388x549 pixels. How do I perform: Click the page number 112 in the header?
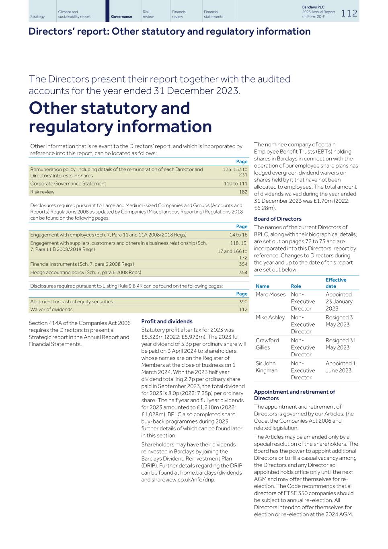pyautogui.click(x=349, y=13)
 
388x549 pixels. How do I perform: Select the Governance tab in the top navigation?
pyautogui.click(x=121, y=16)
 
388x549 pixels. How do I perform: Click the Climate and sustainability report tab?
pyautogui.click(x=74, y=14)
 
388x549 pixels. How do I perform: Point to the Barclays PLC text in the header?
pyautogui.click(x=313, y=7)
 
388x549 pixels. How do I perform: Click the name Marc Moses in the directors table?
pyautogui.click(x=271, y=294)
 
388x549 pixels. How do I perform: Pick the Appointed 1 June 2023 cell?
pyautogui.click(x=341, y=367)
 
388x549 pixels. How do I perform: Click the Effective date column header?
pyautogui.click(x=336, y=283)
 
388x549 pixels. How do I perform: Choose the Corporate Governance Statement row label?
pyautogui.click(x=68, y=183)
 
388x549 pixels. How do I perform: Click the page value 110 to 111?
pyautogui.click(x=236, y=183)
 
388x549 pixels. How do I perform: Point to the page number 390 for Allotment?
pyautogui.click(x=243, y=302)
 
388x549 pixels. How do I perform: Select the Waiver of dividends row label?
pyautogui.click(x=51, y=309)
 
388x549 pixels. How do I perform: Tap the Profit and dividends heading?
pyautogui.click(x=167, y=321)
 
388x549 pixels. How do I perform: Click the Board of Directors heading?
pyautogui.click(x=277, y=219)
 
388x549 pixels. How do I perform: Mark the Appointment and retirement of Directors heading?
pyautogui.click(x=294, y=395)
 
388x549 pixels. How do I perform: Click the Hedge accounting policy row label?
pyautogui.click(x=86, y=272)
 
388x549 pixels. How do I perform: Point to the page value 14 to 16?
pyautogui.click(x=238, y=235)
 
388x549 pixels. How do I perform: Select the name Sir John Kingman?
pyautogui.click(x=267, y=367)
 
